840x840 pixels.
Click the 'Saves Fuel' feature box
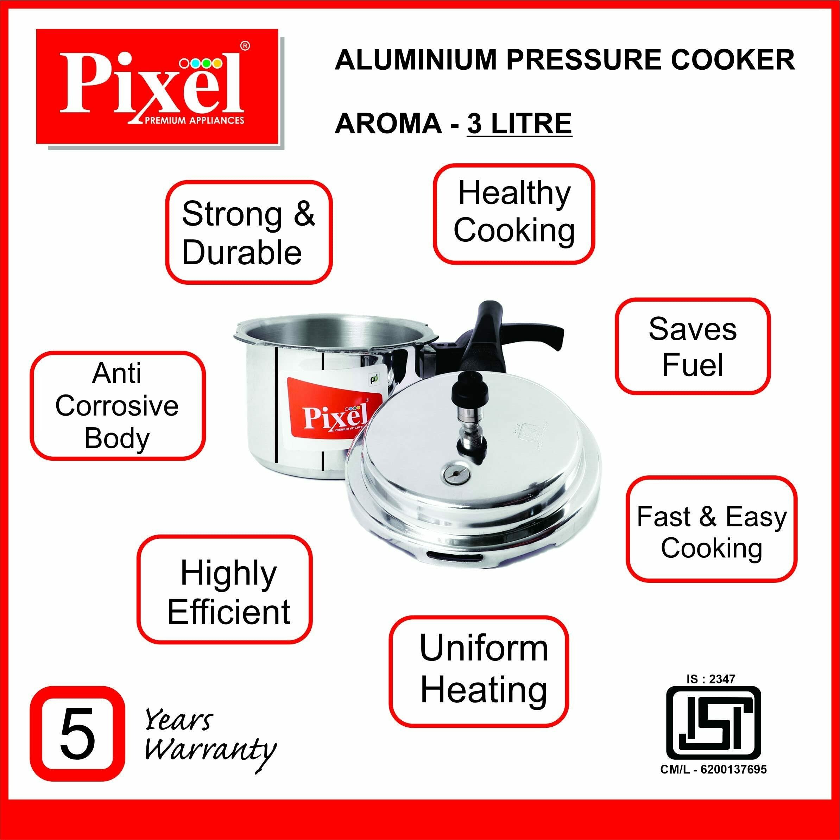coord(693,347)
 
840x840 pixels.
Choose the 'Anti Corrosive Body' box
coord(118,406)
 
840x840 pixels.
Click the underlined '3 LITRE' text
coord(519,124)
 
